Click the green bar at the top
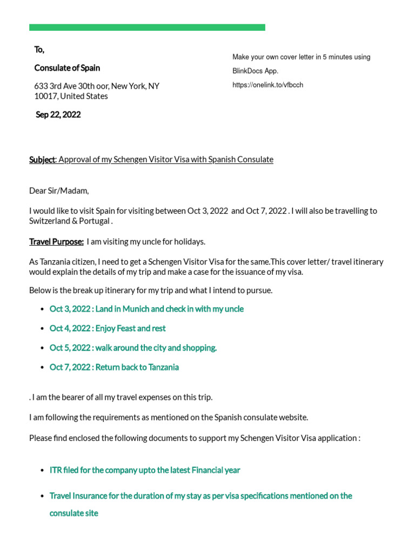pos(147,27)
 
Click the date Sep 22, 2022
pos(58,115)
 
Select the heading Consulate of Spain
pos(67,68)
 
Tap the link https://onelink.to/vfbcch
pos(267,85)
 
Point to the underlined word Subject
pos(42,160)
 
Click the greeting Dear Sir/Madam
pos(59,191)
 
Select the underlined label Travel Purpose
pos(56,242)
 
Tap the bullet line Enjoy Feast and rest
pos(130,328)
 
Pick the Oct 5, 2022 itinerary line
pos(133,348)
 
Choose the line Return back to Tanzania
pos(137,367)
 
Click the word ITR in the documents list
pos(56,470)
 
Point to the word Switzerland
pos(52,221)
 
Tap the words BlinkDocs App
pos(255,71)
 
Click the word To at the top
pos(39,50)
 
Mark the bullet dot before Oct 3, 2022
pos(42,309)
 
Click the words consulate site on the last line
pos(73,513)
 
